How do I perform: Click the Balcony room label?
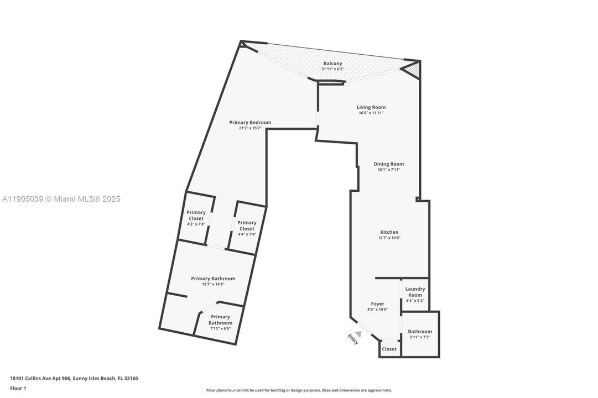333,64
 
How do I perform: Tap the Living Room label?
371,107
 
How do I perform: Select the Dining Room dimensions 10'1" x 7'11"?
388,170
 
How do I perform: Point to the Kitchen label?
389,232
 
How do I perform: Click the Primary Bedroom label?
250,122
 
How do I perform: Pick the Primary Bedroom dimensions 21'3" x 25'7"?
250,128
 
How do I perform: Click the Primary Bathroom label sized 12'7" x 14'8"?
213,279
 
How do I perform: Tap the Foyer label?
377,304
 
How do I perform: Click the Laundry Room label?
415,292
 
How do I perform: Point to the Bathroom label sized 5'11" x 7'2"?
420,332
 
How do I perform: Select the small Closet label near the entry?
389,349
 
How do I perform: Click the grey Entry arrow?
358,333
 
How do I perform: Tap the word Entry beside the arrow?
353,339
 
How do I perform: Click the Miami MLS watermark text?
60,199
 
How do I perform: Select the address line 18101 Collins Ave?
74,379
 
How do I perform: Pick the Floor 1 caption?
18,388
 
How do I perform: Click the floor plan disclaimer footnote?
299,390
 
